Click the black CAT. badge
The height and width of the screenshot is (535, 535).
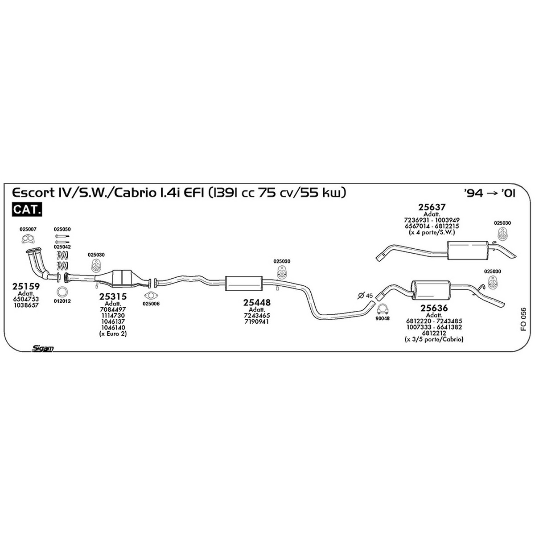click(x=27, y=210)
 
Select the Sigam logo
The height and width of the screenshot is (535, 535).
click(x=42, y=349)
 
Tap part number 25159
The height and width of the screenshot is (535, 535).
click(x=26, y=286)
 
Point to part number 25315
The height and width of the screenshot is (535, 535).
click(x=113, y=296)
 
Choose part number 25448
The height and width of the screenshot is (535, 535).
click(x=257, y=303)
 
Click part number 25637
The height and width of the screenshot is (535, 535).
click(x=432, y=207)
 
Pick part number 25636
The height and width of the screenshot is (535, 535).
click(x=434, y=308)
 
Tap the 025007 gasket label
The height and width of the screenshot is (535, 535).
click(x=28, y=229)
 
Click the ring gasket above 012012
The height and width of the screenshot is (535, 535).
click(x=62, y=292)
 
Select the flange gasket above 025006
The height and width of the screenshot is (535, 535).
click(x=151, y=295)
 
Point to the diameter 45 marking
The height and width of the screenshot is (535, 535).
click(x=365, y=296)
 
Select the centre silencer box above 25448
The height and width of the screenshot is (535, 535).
click(x=244, y=284)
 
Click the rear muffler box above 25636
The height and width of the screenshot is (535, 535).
click(x=431, y=290)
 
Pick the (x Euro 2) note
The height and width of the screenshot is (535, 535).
click(x=113, y=333)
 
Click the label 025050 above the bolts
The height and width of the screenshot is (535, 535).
click(x=62, y=229)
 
